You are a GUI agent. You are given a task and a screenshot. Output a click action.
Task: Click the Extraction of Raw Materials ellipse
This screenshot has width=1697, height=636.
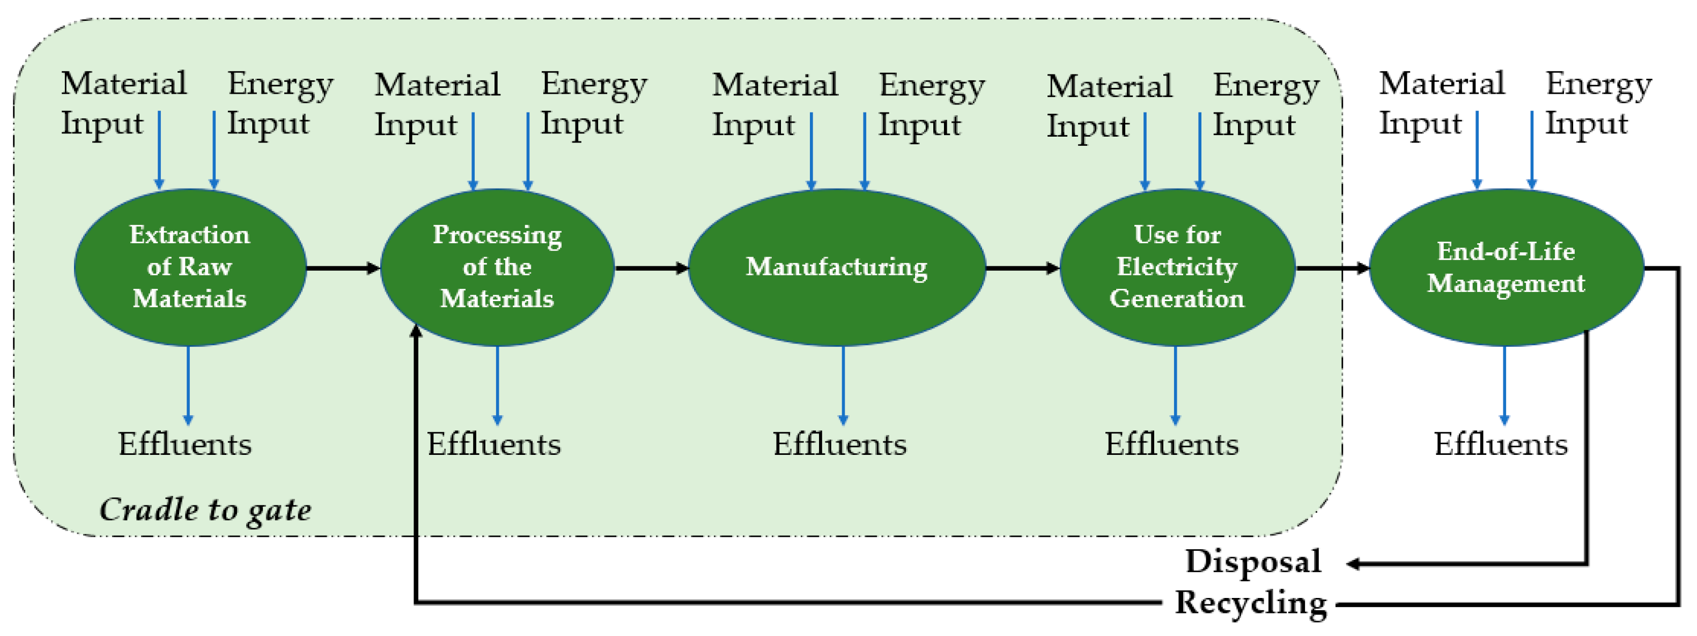pos(190,267)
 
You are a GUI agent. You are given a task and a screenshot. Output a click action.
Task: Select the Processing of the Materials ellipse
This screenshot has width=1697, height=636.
pos(497,267)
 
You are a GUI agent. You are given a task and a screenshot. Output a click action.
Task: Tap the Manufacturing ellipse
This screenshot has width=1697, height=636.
pos(837,267)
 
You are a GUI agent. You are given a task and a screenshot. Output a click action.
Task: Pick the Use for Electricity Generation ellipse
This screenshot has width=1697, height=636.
pos(1177,267)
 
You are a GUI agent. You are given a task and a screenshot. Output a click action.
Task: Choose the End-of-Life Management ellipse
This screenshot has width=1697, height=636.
pos(1506,267)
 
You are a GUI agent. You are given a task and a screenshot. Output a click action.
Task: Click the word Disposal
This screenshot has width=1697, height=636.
pos(1253,562)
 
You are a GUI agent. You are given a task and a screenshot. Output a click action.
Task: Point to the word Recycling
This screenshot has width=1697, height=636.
pos(1250,602)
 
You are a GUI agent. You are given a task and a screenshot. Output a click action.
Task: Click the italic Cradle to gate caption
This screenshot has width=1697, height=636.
pos(205,510)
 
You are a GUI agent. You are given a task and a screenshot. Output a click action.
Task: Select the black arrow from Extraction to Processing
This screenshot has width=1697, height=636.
pos(343,268)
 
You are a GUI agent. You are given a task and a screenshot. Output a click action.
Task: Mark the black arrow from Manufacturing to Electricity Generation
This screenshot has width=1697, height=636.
pos(1022,268)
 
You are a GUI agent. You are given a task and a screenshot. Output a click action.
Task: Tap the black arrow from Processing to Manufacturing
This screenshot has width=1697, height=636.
pos(651,268)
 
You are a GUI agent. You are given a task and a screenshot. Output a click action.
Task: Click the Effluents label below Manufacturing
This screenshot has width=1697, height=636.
pos(839,444)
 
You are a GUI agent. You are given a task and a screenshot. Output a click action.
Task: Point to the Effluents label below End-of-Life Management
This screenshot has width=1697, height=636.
pos(1501,444)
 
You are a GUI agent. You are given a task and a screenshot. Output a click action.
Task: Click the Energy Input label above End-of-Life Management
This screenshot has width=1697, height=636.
pos(1598,103)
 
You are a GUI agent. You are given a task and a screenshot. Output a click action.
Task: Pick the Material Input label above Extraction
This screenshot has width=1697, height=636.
pos(123,103)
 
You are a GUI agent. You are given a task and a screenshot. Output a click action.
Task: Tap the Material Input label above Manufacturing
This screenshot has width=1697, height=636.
pos(774,104)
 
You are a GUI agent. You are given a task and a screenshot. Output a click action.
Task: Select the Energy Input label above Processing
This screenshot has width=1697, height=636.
pos(593,104)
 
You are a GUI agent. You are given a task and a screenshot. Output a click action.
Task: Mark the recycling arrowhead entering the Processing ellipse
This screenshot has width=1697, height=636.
pos(416,331)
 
